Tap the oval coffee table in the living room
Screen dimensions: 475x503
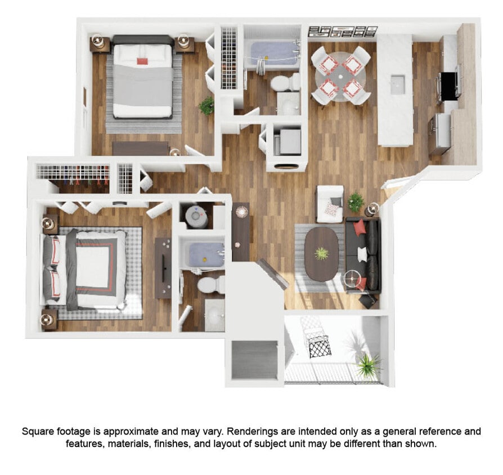pos(321,253)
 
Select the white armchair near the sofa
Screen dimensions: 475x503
pos(330,204)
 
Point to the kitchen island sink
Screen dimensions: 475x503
pos(398,84)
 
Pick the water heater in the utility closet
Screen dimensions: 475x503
pos(196,215)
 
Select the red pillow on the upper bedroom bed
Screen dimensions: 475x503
pos(142,59)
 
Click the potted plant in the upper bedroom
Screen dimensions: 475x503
pos(207,105)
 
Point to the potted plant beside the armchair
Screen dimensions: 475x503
pos(356,201)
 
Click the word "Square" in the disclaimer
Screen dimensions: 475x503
pos(37,432)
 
